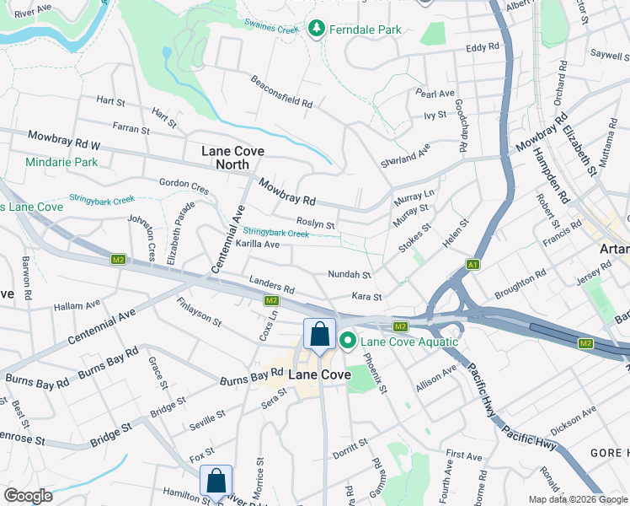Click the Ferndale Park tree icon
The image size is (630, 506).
pos(317,30)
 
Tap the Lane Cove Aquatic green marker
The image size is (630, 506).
pos(348,341)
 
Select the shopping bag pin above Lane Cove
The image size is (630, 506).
pos(320,334)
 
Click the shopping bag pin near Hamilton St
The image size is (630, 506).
pos(216,482)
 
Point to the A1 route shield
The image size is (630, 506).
pos(474,264)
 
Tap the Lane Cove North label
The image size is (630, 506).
pos(233,158)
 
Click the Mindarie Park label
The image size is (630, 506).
pos(61,162)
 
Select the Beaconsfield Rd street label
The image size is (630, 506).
pos(281,92)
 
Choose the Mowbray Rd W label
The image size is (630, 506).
pos(64,140)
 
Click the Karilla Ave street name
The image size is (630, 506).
pos(258,244)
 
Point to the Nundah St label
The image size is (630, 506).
pos(350,275)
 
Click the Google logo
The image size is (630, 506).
pos(29,496)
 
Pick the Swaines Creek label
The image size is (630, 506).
pos(270,29)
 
